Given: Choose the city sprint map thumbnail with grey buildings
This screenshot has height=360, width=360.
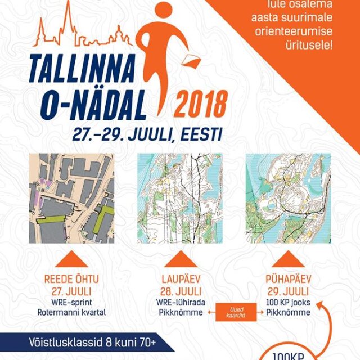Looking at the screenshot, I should pos(71,199).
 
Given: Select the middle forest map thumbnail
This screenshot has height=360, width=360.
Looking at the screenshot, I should pos(179,199).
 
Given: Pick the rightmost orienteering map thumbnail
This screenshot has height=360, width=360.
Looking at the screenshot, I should pos(288,199).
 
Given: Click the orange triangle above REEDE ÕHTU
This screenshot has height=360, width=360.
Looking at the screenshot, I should pos(71,259).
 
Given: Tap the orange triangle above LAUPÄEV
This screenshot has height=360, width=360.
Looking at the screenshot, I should pos(180,259).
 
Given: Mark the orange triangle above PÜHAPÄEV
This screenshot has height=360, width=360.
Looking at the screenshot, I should pos(288,259).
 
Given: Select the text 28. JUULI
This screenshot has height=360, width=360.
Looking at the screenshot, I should pos(180,291).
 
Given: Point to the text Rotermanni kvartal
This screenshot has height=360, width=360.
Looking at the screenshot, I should pos(71,313).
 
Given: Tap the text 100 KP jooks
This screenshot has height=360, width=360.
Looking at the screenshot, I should pos(288,303).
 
